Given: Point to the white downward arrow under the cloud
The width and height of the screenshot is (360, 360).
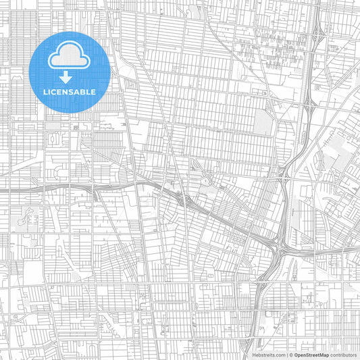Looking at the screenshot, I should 66,74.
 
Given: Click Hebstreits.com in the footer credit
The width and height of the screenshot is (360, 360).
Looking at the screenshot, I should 265,354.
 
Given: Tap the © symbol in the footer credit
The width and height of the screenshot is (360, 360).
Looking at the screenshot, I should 290,354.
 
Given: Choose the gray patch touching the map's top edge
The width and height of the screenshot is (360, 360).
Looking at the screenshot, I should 197,9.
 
